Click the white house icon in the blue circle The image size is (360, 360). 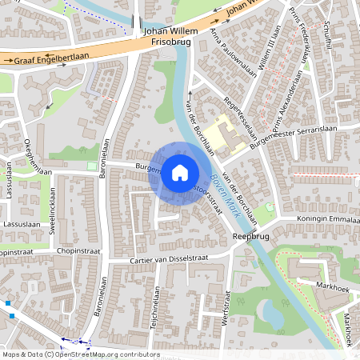point(180,172)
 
